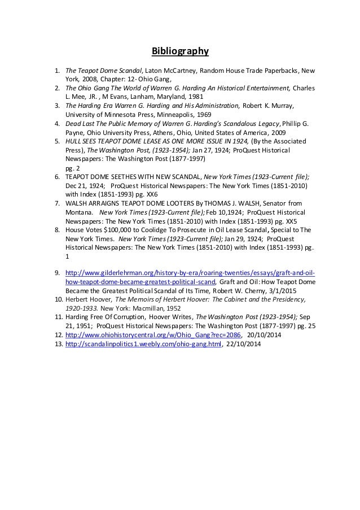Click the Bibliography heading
click(180, 52)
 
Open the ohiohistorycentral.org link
click(152, 334)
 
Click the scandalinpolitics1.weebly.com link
click(143, 343)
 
